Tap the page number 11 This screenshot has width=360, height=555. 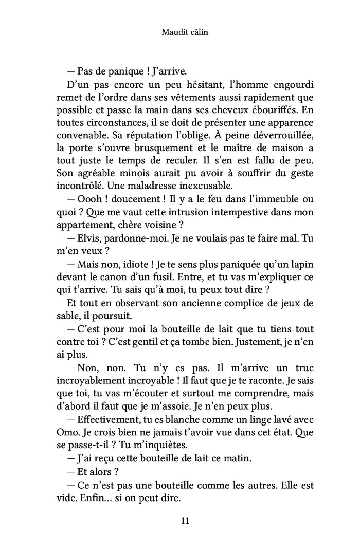[x=186, y=521]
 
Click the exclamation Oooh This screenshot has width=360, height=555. [x=89, y=200]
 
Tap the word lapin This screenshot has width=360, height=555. [x=300, y=264]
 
